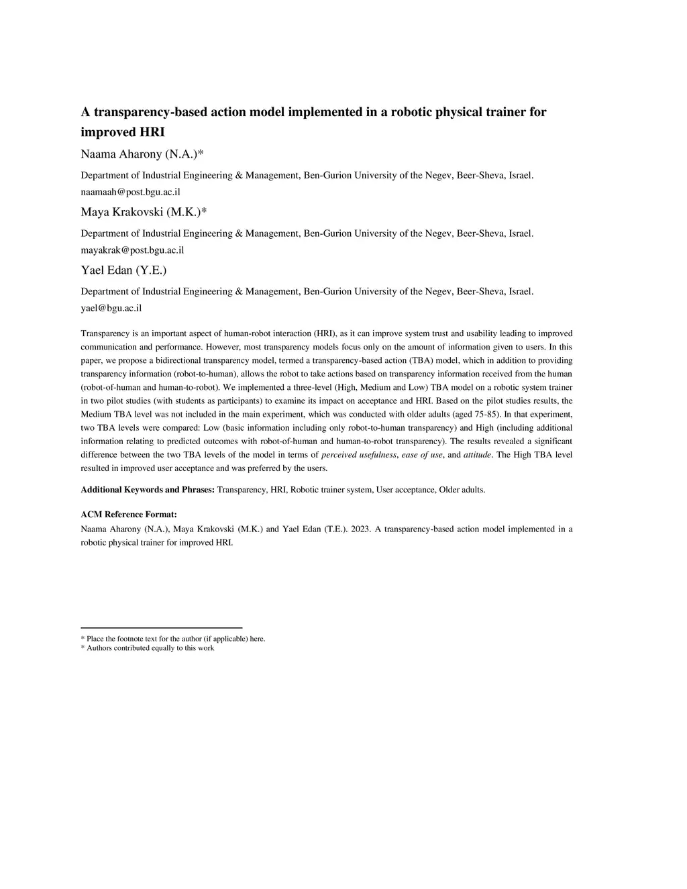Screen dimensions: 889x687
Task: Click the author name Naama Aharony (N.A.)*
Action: pyautogui.click(x=142, y=154)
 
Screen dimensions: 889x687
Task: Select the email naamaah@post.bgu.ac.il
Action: pyautogui.click(x=130, y=192)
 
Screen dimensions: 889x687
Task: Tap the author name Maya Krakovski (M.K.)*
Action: pyautogui.click(x=144, y=213)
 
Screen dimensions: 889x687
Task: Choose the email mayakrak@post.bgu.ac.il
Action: pyautogui.click(x=132, y=250)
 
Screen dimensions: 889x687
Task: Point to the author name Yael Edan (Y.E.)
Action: pyautogui.click(x=123, y=270)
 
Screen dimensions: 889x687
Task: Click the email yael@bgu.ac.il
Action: pyautogui.click(x=111, y=309)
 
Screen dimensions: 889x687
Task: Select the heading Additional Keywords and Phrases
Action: pyautogui.click(x=148, y=490)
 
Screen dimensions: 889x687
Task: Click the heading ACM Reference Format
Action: pyautogui.click(x=129, y=515)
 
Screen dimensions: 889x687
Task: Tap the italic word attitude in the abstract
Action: pyautogui.click(x=477, y=455)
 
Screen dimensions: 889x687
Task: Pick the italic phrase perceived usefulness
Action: pyautogui.click(x=360, y=455)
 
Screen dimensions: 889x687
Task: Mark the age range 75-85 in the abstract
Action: pyautogui.click(x=486, y=414)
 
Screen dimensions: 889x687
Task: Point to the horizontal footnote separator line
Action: pyautogui.click(x=161, y=628)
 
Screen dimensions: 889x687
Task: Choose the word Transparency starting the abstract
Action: pyautogui.click(x=103, y=333)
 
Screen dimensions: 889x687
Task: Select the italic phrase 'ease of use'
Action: pyautogui.click(x=422, y=455)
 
